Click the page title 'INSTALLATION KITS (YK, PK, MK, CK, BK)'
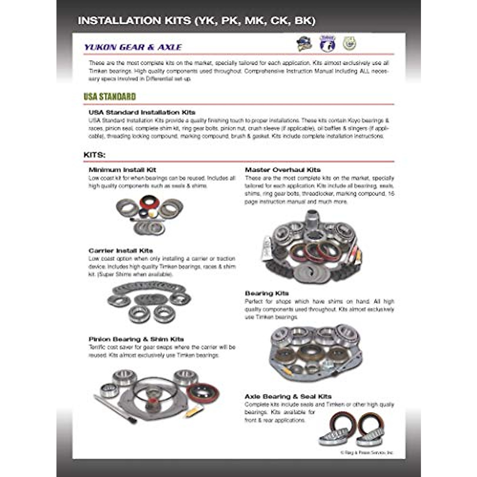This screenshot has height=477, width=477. pos(196,21)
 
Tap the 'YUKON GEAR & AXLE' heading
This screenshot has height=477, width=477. pos(133,47)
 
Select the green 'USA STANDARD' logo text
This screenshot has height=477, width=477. pos(110,97)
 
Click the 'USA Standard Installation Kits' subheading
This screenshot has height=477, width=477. pos(142,112)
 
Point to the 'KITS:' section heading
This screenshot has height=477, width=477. pos(95,155)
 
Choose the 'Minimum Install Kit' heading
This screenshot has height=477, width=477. pos(122,170)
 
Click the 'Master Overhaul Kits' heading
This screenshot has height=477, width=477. pos(283,170)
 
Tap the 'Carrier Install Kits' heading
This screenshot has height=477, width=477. pos(121,251)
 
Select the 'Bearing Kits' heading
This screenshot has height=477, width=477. pos(267,293)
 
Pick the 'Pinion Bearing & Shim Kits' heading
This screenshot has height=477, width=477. pos(136,339)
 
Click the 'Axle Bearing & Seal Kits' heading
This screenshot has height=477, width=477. pos(288,396)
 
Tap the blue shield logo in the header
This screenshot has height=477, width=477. pos(328,44)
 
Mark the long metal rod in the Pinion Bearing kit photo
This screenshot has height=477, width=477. pos(115,409)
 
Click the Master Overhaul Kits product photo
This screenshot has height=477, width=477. pos(312,246)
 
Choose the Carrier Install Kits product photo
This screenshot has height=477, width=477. pos(149,302)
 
